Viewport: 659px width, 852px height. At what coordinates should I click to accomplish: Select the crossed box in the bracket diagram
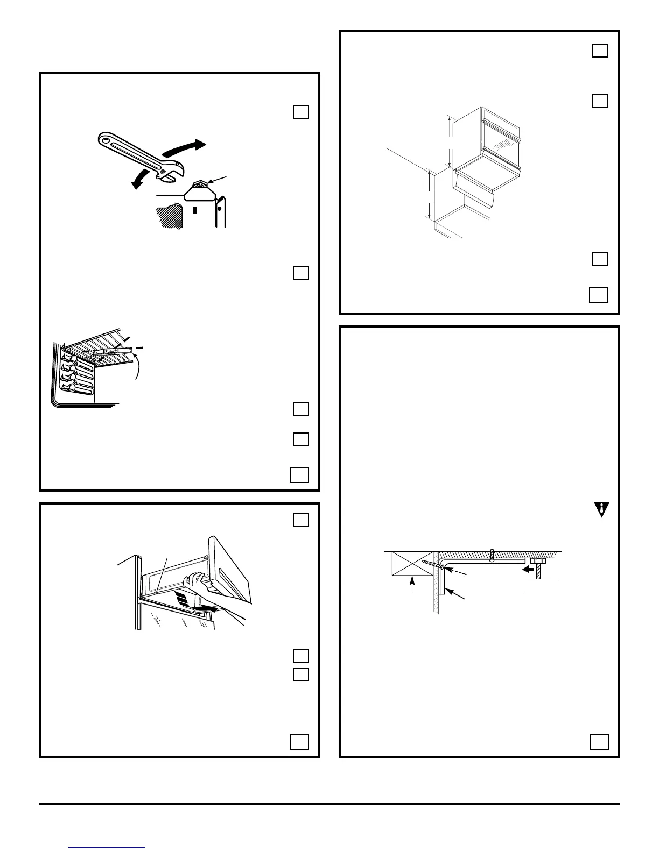tap(412, 564)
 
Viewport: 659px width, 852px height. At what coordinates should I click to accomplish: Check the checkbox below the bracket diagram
tap(599, 742)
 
